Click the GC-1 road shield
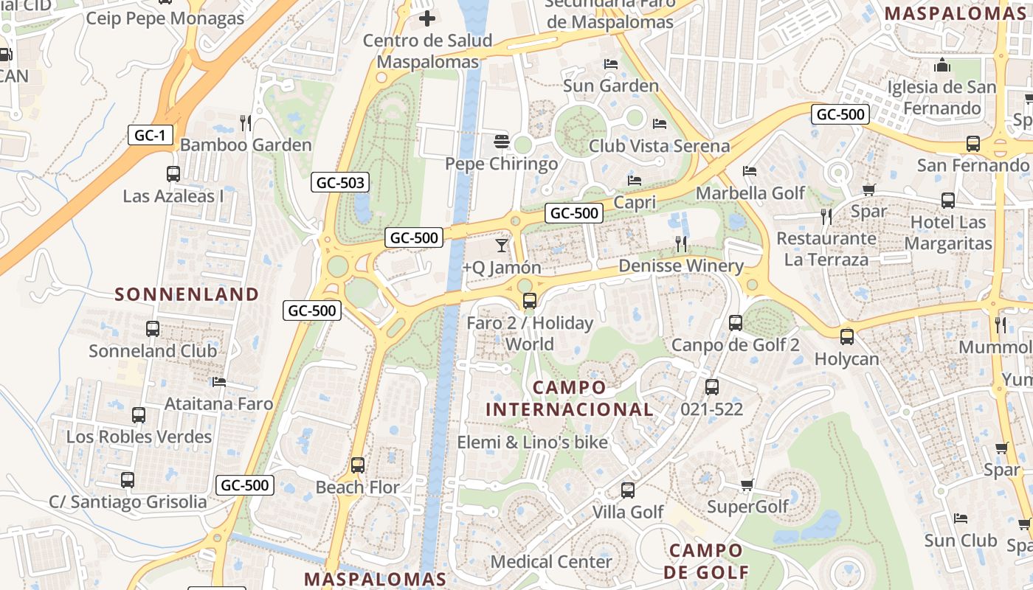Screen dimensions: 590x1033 pyautogui.click(x=150, y=135)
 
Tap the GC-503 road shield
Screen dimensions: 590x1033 pyautogui.click(x=340, y=182)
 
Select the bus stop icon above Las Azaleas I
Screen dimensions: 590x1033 pyautogui.click(x=173, y=174)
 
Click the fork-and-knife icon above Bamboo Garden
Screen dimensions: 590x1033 pyautogui.click(x=246, y=122)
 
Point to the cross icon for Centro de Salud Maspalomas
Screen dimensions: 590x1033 pyautogui.click(x=427, y=18)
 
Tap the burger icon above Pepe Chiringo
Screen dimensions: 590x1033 pyautogui.click(x=502, y=141)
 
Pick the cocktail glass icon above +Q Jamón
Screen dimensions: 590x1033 pyautogui.click(x=502, y=245)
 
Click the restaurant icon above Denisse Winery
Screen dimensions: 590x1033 pyautogui.click(x=681, y=243)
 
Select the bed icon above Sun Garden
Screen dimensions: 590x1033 pyautogui.click(x=611, y=63)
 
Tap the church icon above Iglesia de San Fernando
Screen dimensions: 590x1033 pyautogui.click(x=942, y=66)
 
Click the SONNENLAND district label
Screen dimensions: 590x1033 pyautogui.click(x=187, y=294)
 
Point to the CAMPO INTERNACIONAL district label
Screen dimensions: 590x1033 pyautogui.click(x=569, y=398)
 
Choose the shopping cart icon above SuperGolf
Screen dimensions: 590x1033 pyautogui.click(x=747, y=485)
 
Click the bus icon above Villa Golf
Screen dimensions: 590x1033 pyautogui.click(x=628, y=490)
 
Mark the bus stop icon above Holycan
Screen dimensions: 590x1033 pyautogui.click(x=847, y=337)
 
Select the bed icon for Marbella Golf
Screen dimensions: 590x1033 pyautogui.click(x=750, y=171)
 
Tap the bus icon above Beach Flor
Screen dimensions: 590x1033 pyautogui.click(x=358, y=465)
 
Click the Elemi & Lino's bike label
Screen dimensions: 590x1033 pyautogui.click(x=533, y=442)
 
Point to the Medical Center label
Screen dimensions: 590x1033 pyautogui.click(x=551, y=561)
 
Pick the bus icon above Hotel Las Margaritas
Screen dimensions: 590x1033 pyautogui.click(x=948, y=200)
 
